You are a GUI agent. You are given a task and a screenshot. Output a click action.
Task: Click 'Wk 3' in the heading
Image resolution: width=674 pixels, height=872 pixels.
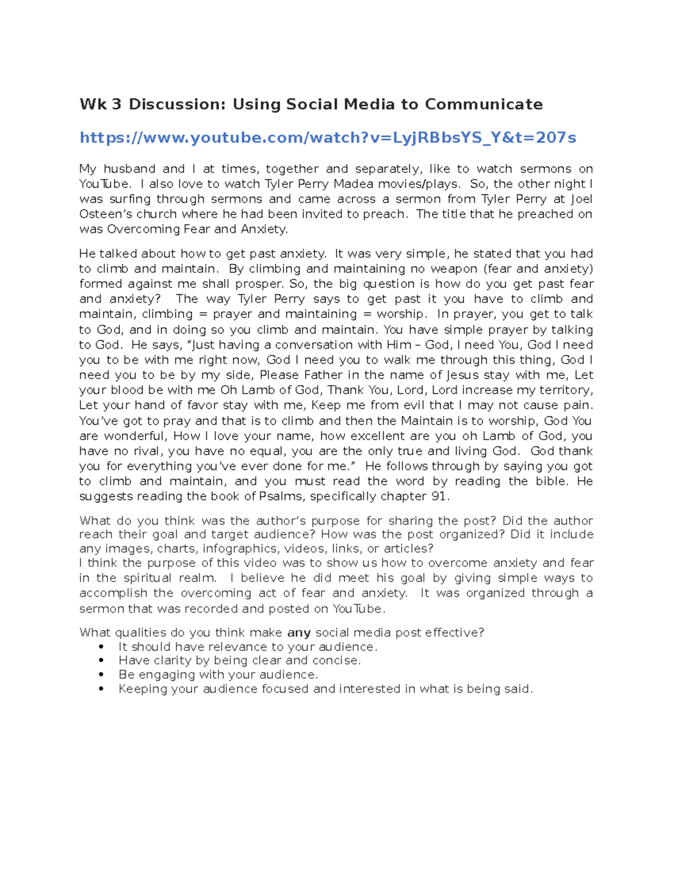[x=100, y=104]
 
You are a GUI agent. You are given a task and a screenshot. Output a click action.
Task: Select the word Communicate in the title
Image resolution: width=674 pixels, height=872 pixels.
[x=484, y=104]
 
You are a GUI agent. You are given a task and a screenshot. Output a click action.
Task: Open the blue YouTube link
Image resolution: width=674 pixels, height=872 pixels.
[x=327, y=138]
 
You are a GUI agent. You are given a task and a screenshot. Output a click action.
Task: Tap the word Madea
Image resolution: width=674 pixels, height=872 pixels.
[x=353, y=184]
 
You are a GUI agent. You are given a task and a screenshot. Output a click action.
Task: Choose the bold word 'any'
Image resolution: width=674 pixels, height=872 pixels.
[x=299, y=633]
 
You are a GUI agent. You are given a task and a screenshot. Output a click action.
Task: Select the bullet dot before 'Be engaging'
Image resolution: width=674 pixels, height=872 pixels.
[x=101, y=675]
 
